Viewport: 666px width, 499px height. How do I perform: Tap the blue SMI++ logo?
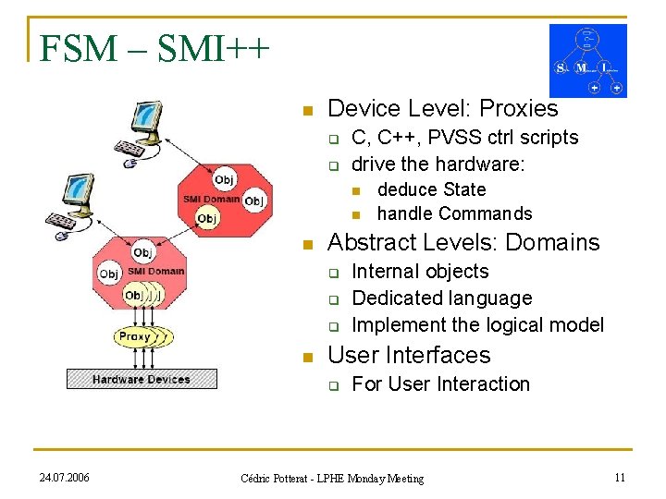coord(587,60)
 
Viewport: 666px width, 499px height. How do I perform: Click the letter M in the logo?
coord(582,67)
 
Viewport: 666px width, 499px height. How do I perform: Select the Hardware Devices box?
coord(142,379)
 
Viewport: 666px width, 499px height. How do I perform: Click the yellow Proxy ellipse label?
coord(134,337)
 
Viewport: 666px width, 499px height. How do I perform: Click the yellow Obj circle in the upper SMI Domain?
coord(207,218)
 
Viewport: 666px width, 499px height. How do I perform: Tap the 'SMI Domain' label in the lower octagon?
coord(155,271)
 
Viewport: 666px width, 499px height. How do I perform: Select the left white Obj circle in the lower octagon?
coord(109,274)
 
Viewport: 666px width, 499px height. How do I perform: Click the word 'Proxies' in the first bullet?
coord(521,109)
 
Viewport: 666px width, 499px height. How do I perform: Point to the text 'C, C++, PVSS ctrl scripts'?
coord(465,138)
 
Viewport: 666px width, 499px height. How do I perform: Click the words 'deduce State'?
coord(432,189)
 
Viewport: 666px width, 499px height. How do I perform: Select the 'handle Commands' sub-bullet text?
coord(455,213)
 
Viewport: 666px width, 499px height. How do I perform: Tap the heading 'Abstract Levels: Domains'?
coord(464,242)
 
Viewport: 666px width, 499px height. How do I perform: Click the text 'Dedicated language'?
coord(442,298)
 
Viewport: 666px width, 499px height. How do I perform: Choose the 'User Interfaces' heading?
coord(410,355)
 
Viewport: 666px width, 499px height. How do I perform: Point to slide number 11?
coord(620,477)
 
